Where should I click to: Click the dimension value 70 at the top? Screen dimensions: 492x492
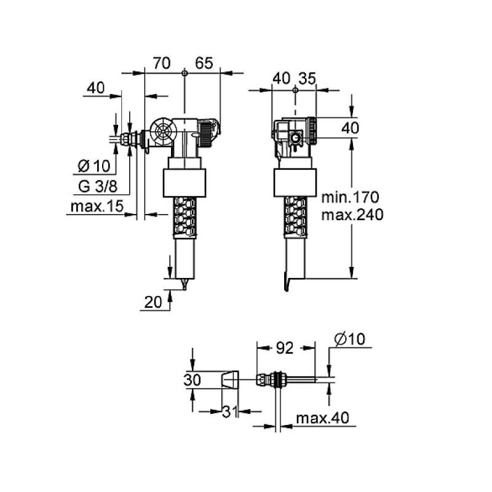click(x=162, y=63)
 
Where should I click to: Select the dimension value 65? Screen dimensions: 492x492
click(x=204, y=63)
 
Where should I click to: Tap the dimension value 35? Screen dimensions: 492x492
click(x=307, y=79)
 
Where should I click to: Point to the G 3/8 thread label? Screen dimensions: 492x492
click(x=98, y=187)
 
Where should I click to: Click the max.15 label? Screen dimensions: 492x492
click(x=97, y=207)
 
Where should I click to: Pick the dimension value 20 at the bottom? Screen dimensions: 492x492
click(x=153, y=302)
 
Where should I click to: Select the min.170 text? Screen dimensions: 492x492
click(x=351, y=197)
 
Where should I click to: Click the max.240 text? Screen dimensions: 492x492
click(x=352, y=215)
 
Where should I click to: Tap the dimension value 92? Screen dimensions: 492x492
click(x=285, y=348)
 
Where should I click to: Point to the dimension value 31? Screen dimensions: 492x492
click(x=231, y=411)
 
